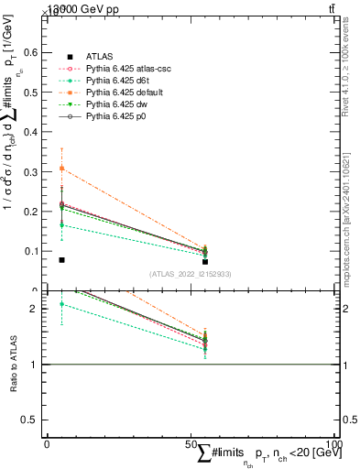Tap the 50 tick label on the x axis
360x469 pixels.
(191, 443)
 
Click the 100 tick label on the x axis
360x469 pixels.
(335, 443)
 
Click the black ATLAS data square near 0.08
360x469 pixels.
(61, 260)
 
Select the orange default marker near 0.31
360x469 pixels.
(61, 169)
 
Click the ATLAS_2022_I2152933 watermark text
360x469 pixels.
(191, 274)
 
